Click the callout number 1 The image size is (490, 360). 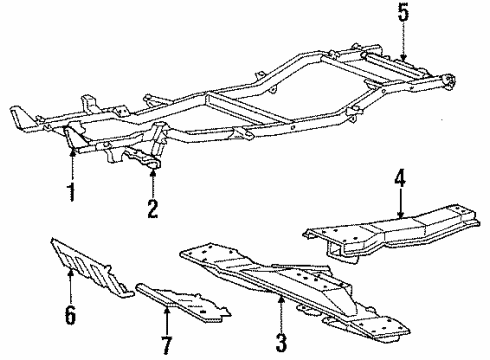point(71,190)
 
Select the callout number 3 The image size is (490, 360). point(282,320)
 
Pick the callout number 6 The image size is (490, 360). point(69,316)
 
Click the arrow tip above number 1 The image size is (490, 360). point(72,150)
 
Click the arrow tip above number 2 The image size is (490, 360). point(153,170)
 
